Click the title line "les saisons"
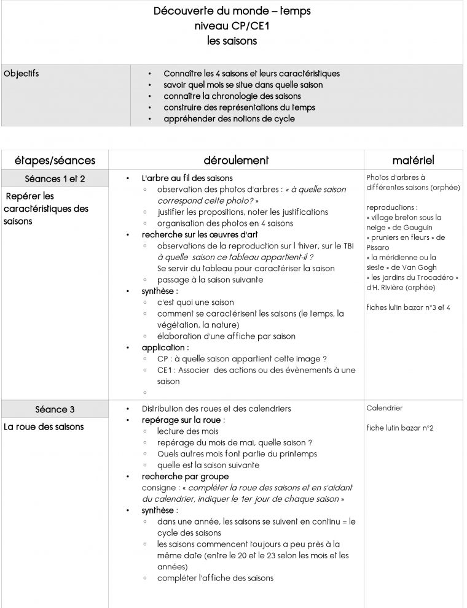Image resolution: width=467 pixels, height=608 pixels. click(232, 42)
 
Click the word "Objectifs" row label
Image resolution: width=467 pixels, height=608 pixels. click(22, 74)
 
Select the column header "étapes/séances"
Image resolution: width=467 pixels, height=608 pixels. click(55, 161)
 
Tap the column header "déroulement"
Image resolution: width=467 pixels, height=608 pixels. click(237, 161)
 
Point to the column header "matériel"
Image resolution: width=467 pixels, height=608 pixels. click(413, 161)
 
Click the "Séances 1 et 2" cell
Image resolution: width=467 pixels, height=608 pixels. click(55, 179)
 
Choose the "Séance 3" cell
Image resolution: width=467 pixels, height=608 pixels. click(55, 409)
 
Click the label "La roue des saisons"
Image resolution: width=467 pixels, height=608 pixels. click(44, 427)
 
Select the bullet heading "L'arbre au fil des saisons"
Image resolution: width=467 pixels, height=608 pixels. click(187, 179)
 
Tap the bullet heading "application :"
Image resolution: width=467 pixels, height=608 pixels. click(165, 348)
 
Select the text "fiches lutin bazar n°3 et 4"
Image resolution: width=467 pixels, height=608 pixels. click(408, 307)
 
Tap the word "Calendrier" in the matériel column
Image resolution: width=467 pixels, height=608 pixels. click(384, 408)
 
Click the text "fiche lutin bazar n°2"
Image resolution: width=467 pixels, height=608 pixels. click(400, 428)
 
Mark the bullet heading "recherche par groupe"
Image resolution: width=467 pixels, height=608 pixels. click(185, 476)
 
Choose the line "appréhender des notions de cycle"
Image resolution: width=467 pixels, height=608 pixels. click(229, 119)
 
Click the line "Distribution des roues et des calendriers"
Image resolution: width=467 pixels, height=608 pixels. click(216, 409)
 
